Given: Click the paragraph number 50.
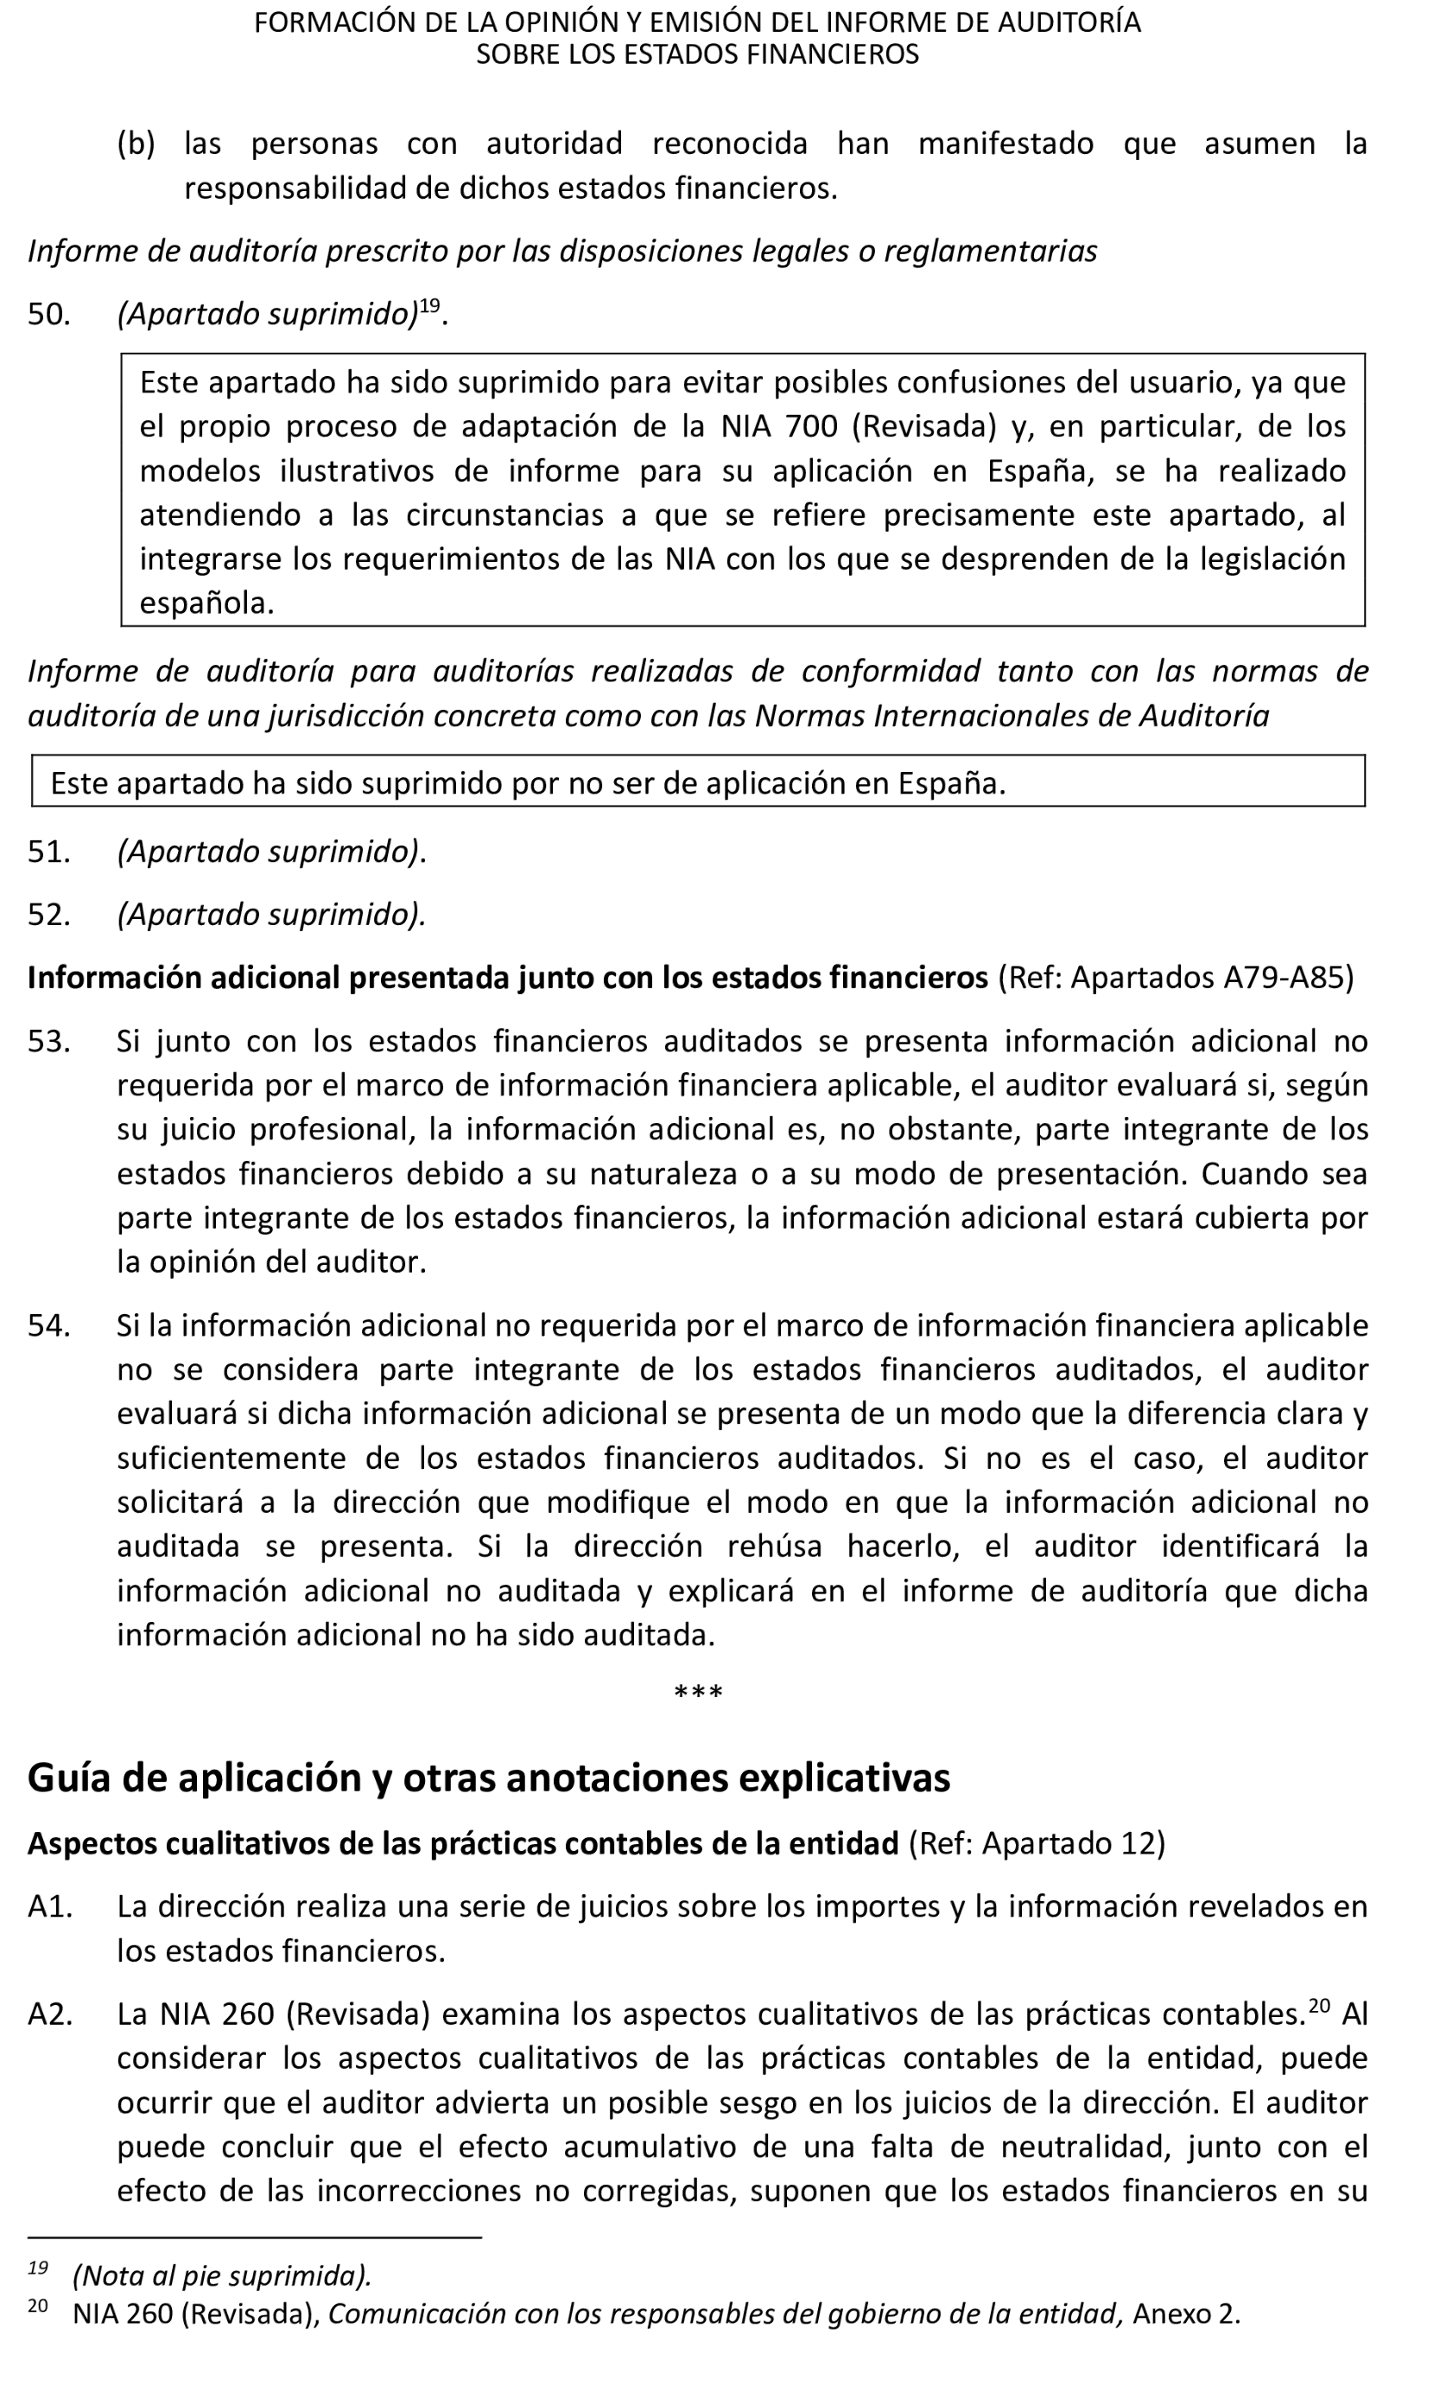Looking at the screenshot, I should click(48, 315).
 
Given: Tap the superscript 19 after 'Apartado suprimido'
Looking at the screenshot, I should click(430, 306).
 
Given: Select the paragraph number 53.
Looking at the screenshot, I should click(48, 1042).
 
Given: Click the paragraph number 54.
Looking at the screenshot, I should click(48, 1326).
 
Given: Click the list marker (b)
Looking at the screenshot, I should click(136, 144).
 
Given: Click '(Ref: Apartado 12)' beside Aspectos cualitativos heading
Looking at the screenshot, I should click(1037, 1844).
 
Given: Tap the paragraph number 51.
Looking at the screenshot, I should click(48, 852).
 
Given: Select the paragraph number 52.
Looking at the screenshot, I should click(48, 915).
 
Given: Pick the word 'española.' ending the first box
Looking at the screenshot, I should click(206, 603).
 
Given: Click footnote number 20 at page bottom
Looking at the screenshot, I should click(37, 2306).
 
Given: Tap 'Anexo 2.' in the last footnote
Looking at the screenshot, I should click(1186, 2314).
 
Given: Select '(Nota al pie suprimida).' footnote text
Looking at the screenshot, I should click(222, 2276).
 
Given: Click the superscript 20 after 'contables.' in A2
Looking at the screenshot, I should click(1319, 2006).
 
